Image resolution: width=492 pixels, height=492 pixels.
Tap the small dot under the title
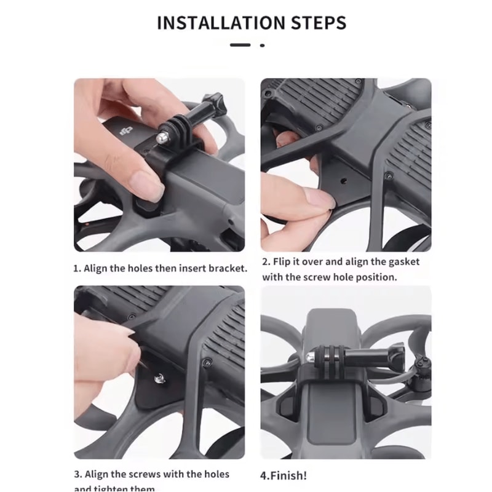[x=263, y=45]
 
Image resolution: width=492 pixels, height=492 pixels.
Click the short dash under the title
[x=240, y=45]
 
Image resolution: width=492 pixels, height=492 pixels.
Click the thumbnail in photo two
[x=320, y=199]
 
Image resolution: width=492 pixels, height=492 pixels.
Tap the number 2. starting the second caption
[x=266, y=262]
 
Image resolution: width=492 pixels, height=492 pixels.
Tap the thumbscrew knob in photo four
[x=393, y=355]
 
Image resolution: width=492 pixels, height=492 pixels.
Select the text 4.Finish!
[x=284, y=475]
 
